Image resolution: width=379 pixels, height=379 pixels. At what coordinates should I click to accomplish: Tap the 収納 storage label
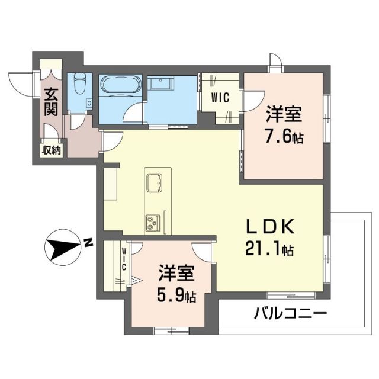point(51,150)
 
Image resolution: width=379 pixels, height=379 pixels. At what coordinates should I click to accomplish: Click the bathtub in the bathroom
point(120,87)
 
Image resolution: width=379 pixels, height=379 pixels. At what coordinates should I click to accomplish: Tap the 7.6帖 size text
point(284,137)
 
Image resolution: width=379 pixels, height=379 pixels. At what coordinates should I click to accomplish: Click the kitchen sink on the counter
point(156,182)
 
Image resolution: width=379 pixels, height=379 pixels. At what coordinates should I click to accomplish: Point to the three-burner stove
point(153,223)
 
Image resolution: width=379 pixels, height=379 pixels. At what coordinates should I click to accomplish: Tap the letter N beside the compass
point(87,242)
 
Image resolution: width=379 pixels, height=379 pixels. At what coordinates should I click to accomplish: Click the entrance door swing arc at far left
point(18,81)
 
